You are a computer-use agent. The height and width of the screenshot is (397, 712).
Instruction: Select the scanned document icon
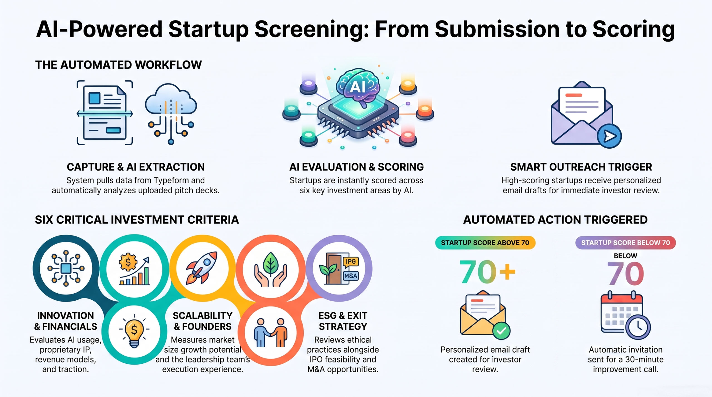tap(105, 113)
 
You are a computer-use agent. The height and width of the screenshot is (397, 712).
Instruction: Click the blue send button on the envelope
tap(609, 136)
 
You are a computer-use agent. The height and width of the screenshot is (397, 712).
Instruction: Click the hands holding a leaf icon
tap(271, 269)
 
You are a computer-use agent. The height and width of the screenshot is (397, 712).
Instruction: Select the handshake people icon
tap(271, 333)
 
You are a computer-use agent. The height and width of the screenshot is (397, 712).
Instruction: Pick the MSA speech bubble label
tap(350, 276)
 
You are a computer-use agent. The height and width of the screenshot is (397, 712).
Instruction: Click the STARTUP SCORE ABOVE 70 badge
tap(485, 243)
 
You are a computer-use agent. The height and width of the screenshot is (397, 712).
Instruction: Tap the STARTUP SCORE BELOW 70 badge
tap(626, 243)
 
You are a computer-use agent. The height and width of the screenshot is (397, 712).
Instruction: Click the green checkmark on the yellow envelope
tap(501, 331)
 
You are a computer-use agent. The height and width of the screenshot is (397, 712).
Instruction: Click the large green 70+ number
tap(487, 272)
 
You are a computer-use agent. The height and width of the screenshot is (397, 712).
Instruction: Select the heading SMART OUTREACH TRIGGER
tap(581, 167)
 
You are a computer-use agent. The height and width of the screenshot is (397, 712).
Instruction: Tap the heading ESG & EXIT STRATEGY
tap(343, 321)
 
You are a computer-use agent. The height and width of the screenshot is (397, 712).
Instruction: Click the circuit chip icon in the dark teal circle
tap(66, 268)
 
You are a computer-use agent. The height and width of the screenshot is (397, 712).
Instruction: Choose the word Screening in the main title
tap(312, 30)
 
